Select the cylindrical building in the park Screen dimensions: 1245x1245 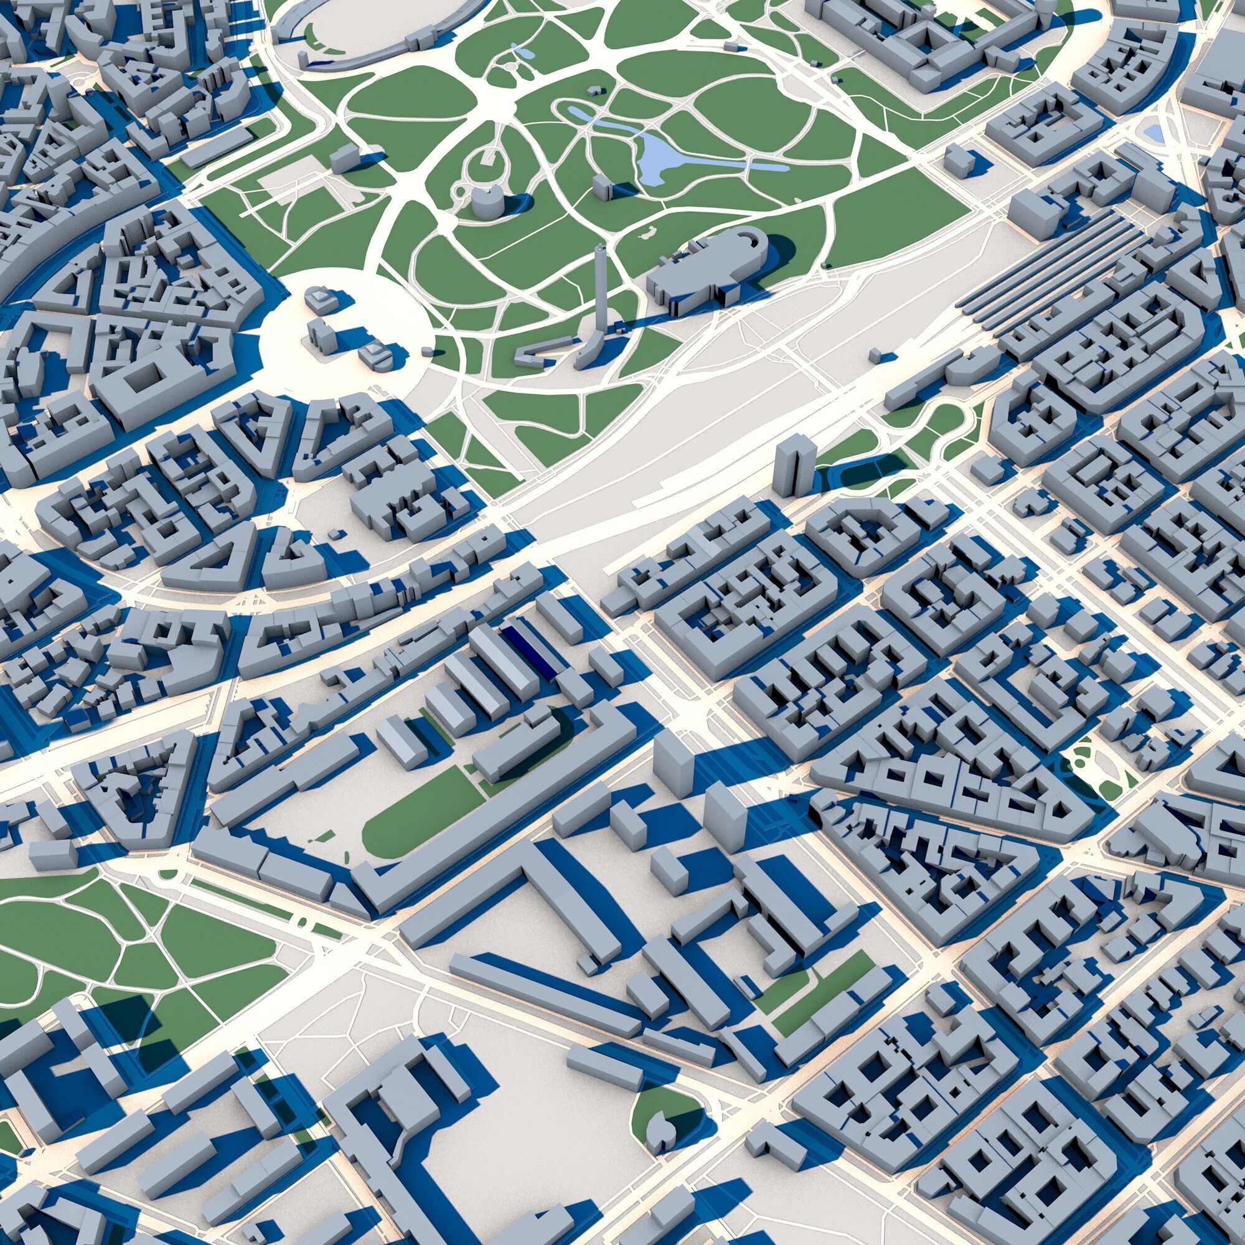click(x=488, y=202)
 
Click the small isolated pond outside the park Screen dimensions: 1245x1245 click(x=1152, y=133)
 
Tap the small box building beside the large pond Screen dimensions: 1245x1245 click(x=601, y=187)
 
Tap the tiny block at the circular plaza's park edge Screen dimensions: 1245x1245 click(x=427, y=351)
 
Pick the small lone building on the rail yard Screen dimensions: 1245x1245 click(x=875, y=355)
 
